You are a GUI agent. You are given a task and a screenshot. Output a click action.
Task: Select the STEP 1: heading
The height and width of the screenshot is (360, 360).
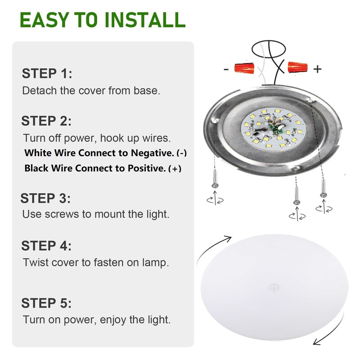(47, 73)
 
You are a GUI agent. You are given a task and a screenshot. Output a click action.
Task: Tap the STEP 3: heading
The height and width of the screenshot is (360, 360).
(45, 198)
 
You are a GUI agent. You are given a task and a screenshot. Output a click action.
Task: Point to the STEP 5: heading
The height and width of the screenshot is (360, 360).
(46, 303)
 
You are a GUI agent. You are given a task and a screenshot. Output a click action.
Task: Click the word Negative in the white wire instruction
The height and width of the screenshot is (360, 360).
(153, 153)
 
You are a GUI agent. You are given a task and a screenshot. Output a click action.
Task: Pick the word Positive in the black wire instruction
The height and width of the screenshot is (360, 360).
(147, 168)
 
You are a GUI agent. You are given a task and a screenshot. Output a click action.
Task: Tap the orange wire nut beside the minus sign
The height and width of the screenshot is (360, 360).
(244, 68)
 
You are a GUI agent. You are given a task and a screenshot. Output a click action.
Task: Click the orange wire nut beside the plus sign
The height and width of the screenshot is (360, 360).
(297, 67)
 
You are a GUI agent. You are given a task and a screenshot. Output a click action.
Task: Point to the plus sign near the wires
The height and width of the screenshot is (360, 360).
(317, 69)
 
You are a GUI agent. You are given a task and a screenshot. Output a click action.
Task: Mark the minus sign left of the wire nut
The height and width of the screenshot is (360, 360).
(226, 69)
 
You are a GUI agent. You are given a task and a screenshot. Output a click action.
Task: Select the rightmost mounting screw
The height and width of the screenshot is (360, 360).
(324, 188)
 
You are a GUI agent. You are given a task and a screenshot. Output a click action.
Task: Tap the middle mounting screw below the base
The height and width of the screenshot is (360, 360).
(297, 195)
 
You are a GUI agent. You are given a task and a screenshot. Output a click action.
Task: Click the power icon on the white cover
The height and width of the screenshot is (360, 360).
(274, 287)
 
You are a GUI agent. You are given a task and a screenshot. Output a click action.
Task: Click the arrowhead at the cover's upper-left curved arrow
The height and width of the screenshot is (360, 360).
(228, 239)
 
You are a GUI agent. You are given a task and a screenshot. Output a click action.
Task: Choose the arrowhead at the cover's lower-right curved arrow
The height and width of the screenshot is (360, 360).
(318, 342)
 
